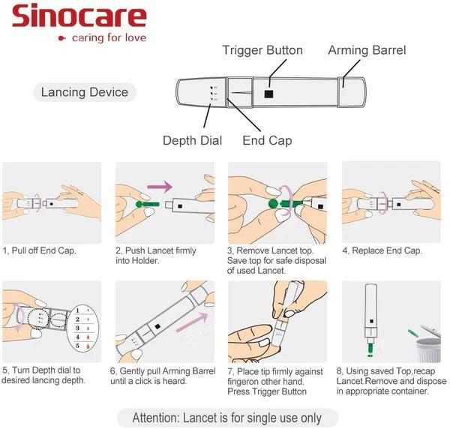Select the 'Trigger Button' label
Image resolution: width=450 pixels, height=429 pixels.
click(262, 50)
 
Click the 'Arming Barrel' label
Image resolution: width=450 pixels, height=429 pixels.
click(367, 50)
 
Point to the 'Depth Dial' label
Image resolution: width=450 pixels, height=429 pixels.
click(192, 140)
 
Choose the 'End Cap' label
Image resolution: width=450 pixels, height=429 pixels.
click(267, 140)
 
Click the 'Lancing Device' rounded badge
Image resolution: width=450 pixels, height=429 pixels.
click(85, 93)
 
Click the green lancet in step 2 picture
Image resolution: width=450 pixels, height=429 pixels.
click(140, 204)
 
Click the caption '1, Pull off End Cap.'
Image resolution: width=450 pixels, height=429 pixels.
click(40, 250)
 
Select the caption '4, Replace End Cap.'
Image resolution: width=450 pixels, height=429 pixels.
click(382, 250)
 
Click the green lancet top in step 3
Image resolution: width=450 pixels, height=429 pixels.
click(274, 203)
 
